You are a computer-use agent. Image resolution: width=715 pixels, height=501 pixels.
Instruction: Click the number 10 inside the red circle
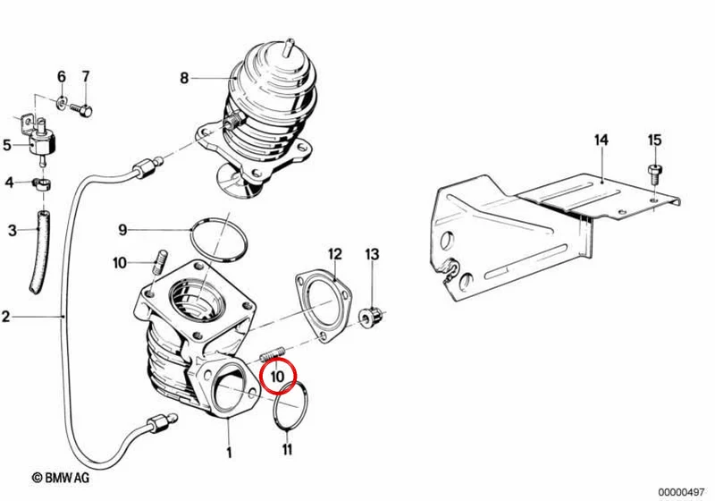click(277, 377)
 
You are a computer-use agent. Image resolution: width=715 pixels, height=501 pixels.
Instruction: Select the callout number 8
click(184, 78)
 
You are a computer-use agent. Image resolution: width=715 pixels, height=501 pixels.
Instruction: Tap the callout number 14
click(601, 140)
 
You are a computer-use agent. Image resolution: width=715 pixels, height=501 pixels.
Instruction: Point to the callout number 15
click(654, 140)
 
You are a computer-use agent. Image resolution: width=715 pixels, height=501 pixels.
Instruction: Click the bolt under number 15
click(655, 173)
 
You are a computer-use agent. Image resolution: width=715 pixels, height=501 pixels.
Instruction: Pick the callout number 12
click(334, 254)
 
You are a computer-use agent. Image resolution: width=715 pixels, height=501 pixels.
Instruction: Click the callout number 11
click(287, 449)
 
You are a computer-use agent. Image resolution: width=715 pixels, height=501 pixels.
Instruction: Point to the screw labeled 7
click(82, 110)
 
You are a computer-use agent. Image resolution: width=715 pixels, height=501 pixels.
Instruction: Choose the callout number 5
click(7, 145)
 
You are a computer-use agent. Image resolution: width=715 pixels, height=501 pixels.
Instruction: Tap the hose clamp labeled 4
click(42, 184)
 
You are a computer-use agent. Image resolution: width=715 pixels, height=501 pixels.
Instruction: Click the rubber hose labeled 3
click(39, 252)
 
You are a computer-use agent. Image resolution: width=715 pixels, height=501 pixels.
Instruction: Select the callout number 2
click(5, 316)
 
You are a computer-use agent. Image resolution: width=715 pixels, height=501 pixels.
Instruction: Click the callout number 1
click(230, 452)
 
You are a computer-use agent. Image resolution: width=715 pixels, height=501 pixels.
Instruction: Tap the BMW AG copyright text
click(61, 478)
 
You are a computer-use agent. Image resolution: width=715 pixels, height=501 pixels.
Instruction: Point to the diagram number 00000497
click(681, 492)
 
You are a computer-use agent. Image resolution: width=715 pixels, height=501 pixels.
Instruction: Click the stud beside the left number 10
click(160, 262)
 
